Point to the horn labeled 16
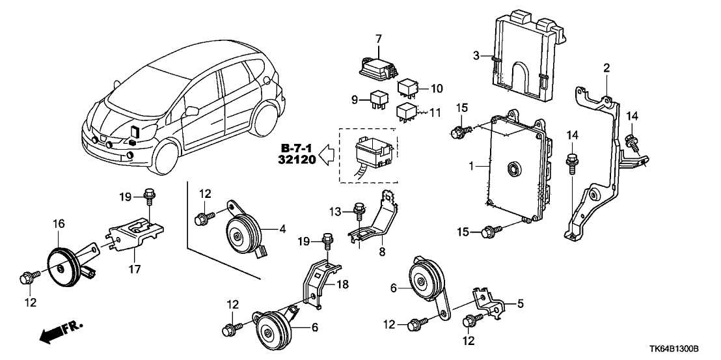(62, 264)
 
